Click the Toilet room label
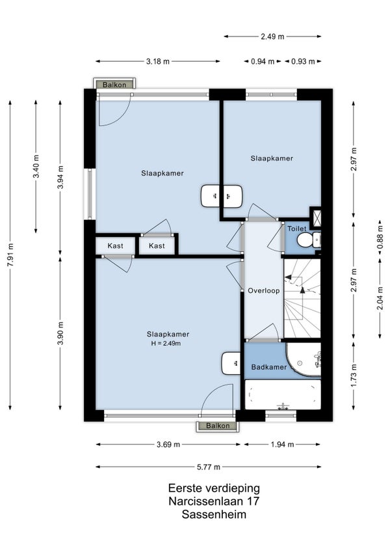click(x=297, y=228)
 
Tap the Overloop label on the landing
click(x=264, y=290)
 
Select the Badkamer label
click(x=269, y=367)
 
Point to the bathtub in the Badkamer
click(x=283, y=394)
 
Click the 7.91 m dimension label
click(x=10, y=255)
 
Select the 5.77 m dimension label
click(x=209, y=467)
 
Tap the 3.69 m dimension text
click(x=168, y=445)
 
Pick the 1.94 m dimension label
click(x=282, y=445)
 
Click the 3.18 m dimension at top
click(x=158, y=62)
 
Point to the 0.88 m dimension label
click(x=380, y=241)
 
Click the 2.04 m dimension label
click(x=380, y=298)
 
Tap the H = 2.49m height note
click(x=166, y=344)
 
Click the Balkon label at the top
click(x=114, y=85)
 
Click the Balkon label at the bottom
click(x=218, y=426)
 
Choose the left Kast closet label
click(x=115, y=245)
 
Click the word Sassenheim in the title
click(x=214, y=514)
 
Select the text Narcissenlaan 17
click(x=214, y=501)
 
